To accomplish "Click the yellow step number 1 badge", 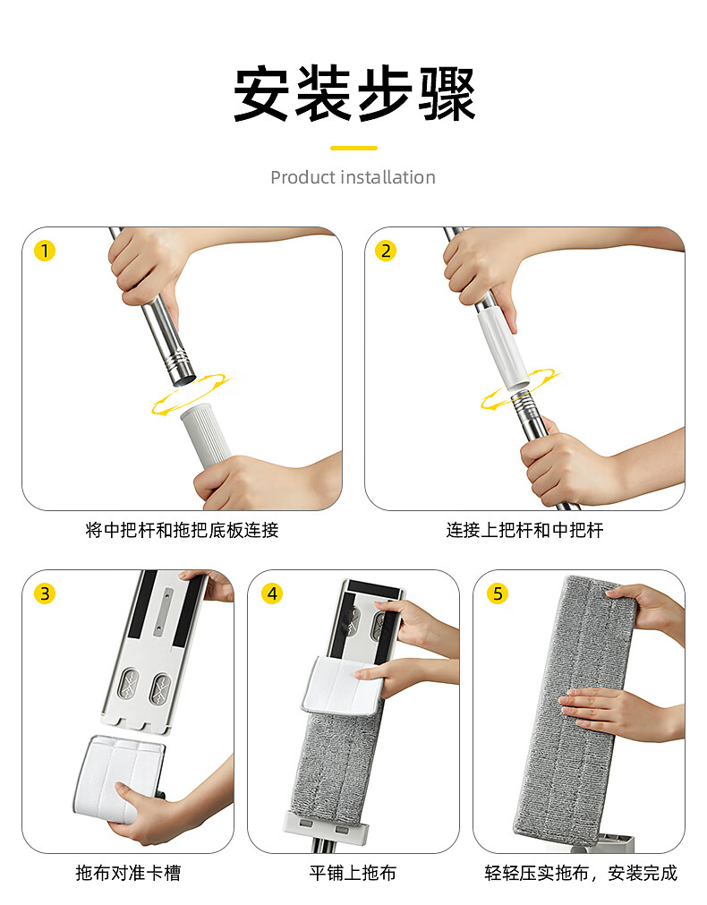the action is click(45, 251).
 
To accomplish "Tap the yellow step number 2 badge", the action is click(386, 251).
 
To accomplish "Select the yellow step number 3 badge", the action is click(45, 593).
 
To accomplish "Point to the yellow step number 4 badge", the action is click(272, 593).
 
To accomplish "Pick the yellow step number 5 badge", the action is click(498, 593).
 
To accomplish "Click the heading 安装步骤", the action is click(353, 93).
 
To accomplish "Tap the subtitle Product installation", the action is click(353, 177).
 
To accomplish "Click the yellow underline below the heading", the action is click(353, 149).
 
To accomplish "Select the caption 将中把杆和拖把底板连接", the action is click(182, 530).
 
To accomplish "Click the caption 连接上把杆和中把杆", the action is click(524, 530).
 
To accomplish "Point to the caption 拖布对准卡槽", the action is click(128, 873).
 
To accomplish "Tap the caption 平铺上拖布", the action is click(353, 873).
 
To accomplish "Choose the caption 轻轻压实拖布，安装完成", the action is click(581, 873).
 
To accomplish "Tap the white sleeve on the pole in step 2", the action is click(503, 348).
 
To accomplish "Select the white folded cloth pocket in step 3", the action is click(119, 774).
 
